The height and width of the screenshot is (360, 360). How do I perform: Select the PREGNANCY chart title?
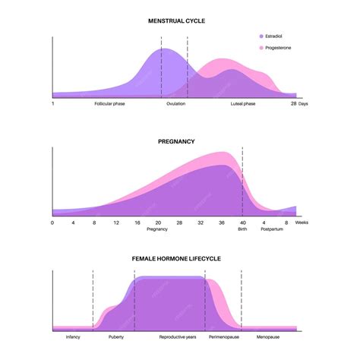(177, 141)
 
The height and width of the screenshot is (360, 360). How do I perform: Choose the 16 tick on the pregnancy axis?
(137, 223)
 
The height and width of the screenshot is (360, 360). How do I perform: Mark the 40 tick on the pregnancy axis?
(243, 223)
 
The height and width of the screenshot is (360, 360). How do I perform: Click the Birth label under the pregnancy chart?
(242, 229)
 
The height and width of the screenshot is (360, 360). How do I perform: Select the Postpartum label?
(272, 229)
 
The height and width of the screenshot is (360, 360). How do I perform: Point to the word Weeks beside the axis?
(302, 223)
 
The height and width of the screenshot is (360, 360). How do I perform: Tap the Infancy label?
(73, 336)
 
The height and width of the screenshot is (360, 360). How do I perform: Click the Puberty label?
(115, 336)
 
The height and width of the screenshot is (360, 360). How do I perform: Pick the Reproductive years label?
(177, 336)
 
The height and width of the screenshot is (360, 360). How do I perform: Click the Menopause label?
(268, 336)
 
